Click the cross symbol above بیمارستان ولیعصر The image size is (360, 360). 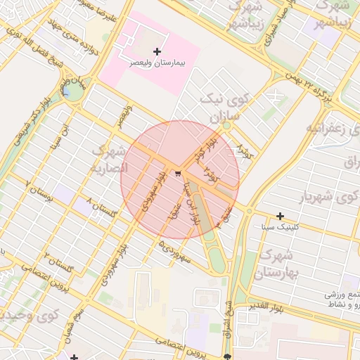pyautogui.click(x=157, y=51)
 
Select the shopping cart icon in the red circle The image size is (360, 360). pyautogui.click(x=179, y=174)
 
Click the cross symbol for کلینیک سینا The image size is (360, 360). pyautogui.click(x=281, y=215)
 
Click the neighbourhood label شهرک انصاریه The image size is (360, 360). pyautogui.click(x=110, y=160)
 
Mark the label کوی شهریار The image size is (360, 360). pyautogui.click(x=324, y=198)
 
